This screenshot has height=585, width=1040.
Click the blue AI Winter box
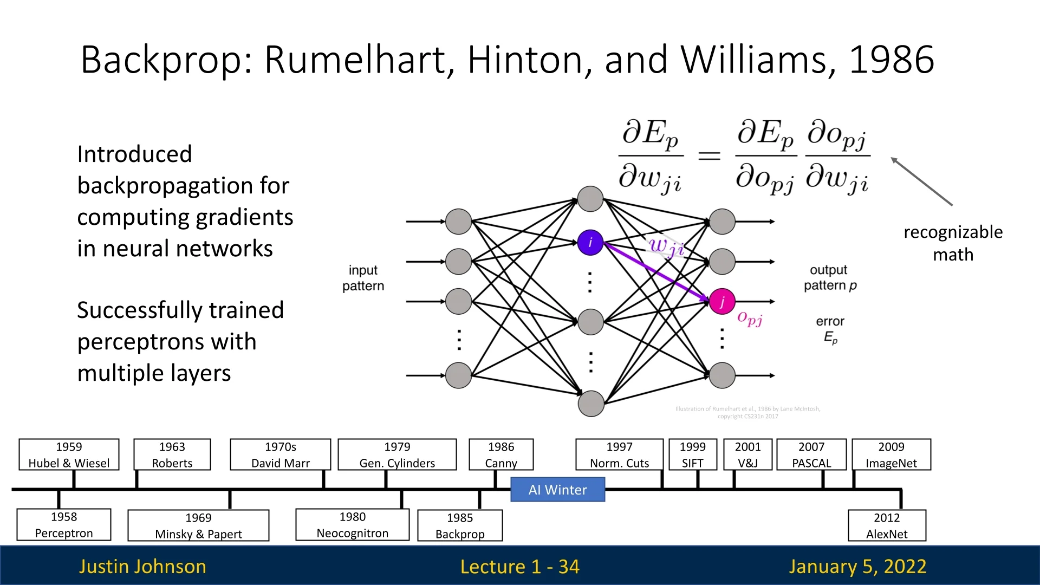pyautogui.click(x=557, y=490)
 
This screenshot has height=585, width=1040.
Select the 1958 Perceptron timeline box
pyautogui.click(x=64, y=525)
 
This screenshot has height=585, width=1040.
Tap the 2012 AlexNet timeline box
pyautogui.click(x=887, y=525)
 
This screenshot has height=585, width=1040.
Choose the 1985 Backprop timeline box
pyautogui.click(x=460, y=525)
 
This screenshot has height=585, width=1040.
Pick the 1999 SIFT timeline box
pyautogui.click(x=693, y=454)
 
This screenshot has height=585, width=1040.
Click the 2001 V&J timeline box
pyautogui.click(x=747, y=454)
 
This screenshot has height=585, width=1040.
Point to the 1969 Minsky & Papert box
pyautogui.click(x=198, y=525)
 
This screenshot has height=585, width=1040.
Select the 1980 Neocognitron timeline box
pyautogui.click(x=352, y=525)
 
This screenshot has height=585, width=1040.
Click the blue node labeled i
pyautogui.click(x=590, y=242)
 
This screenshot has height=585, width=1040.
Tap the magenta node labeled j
pyautogui.click(x=722, y=302)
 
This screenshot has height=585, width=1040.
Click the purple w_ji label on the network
pyautogui.click(x=666, y=246)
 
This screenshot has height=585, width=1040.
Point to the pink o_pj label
pyautogui.click(x=750, y=318)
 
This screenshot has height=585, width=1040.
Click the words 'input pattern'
pyautogui.click(x=363, y=278)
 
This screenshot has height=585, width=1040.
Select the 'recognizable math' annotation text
pyautogui.click(x=953, y=243)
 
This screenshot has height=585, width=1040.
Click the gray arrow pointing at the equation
pyautogui.click(x=921, y=181)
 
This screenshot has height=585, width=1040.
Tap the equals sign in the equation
pyautogui.click(x=709, y=156)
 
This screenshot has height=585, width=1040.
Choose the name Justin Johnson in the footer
pyautogui.click(x=142, y=566)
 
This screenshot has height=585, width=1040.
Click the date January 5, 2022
pyautogui.click(x=857, y=566)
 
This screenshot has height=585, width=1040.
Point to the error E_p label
pyautogui.click(x=830, y=329)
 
